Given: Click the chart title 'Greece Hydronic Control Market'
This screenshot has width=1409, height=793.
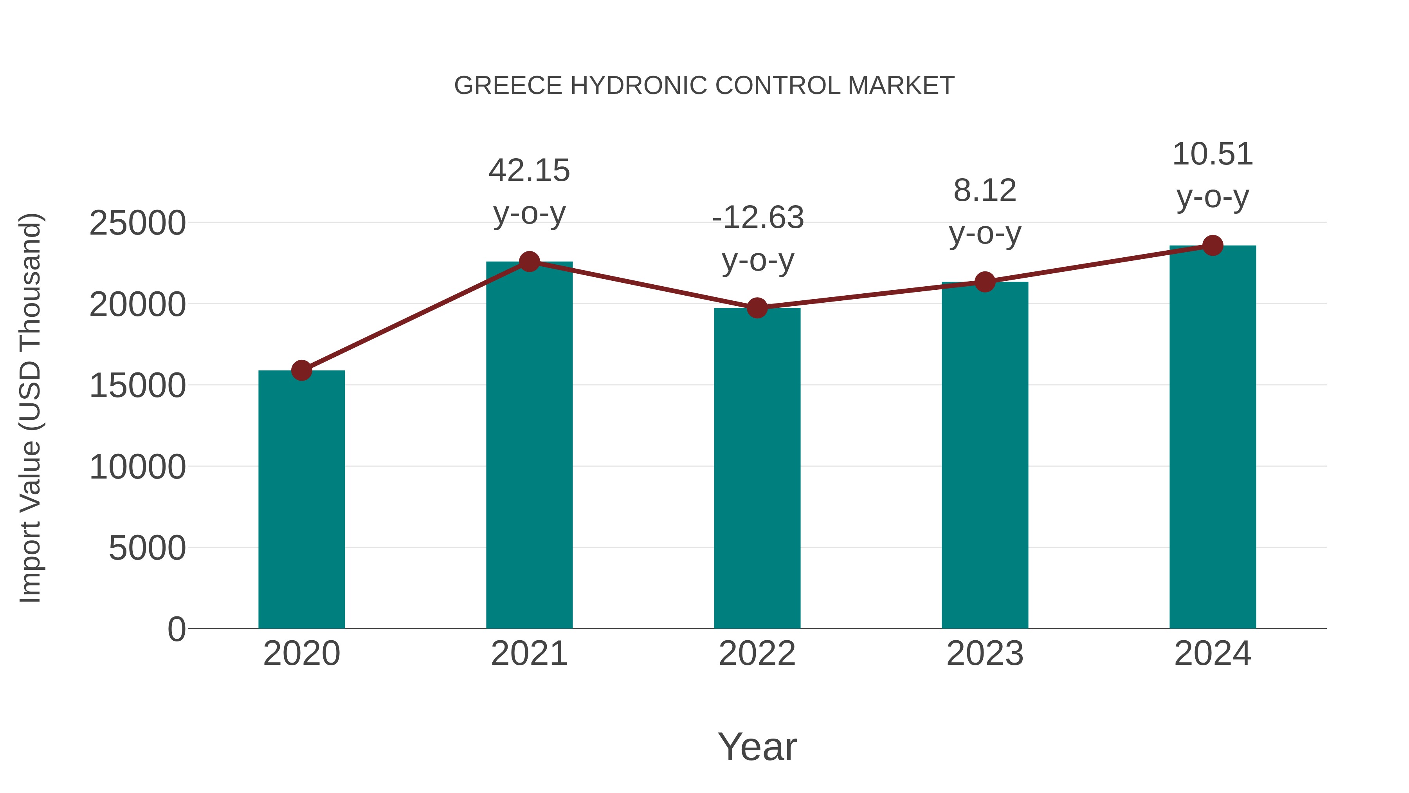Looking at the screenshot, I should pos(704,86).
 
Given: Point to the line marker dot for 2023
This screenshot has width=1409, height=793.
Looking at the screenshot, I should pos(985,282).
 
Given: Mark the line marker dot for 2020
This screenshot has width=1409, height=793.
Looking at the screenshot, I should pos(301,370).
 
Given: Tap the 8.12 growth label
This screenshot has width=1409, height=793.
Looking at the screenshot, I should pos(985,212).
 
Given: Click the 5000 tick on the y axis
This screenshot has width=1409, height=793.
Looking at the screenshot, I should pos(147,548).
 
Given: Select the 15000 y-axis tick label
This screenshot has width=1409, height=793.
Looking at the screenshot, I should pos(137,386).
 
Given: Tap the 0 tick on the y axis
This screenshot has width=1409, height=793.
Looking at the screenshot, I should pos(176,629).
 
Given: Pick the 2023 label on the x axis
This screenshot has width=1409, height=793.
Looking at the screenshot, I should pos(985,654).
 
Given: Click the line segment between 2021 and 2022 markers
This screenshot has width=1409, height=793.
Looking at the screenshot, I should pos(643,285).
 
